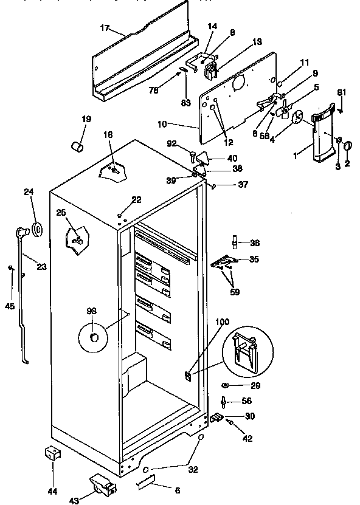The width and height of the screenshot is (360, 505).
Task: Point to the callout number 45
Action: click(x=10, y=306)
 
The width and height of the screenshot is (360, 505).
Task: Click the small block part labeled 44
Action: click(x=54, y=453)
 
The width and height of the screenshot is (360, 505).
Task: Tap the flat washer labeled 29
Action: click(x=226, y=386)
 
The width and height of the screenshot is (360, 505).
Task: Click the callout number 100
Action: click(x=222, y=321)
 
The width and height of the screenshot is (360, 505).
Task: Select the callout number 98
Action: click(x=91, y=311)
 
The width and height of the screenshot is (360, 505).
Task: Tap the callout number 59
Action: click(x=234, y=291)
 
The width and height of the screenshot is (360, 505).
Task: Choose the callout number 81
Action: click(x=341, y=92)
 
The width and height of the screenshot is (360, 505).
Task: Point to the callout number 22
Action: click(x=136, y=199)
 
